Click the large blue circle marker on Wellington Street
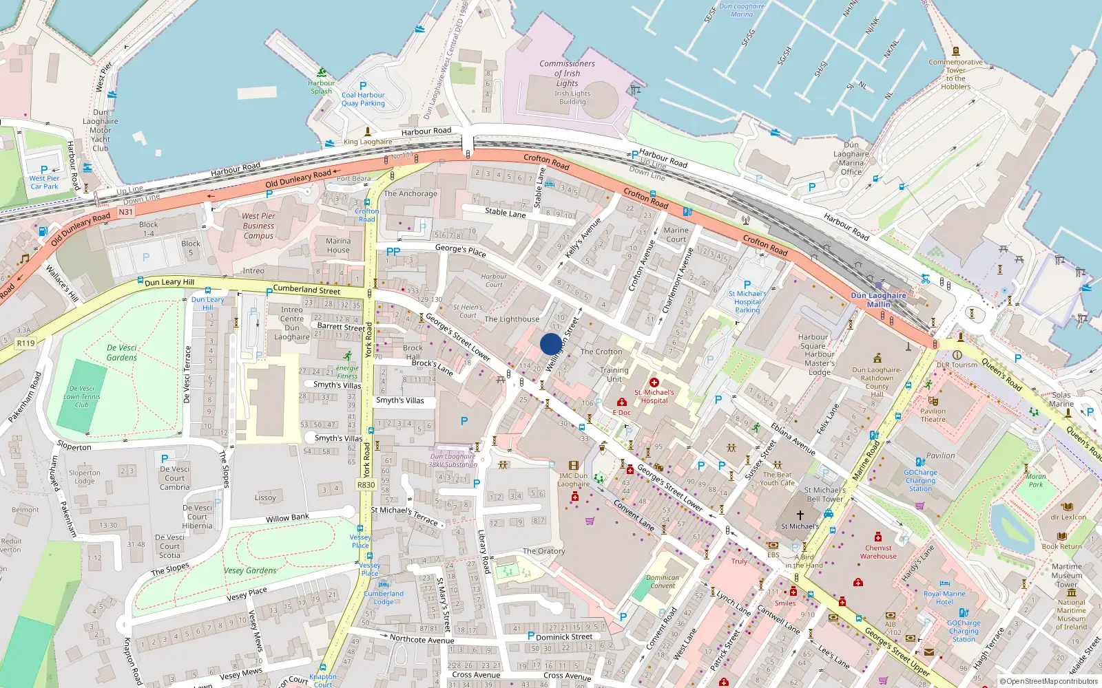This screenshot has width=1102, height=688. pyautogui.click(x=550, y=344)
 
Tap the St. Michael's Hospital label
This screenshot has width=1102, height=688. pyautogui.click(x=654, y=396)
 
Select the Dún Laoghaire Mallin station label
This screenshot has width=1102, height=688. pyautogui.click(x=878, y=300)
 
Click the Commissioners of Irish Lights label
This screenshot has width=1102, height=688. pyautogui.click(x=568, y=74)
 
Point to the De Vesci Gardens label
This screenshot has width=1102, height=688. pyautogui.click(x=122, y=353)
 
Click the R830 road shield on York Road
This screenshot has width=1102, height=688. pyautogui.click(x=366, y=485)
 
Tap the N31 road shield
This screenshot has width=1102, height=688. pyautogui.click(x=125, y=212)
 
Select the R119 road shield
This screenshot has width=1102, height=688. pyautogui.click(x=25, y=343)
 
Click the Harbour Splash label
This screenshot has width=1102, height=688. pyautogui.click(x=321, y=87)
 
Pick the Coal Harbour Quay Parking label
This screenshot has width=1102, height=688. pyautogui.click(x=363, y=99)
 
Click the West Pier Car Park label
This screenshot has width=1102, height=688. pyautogui.click(x=44, y=182)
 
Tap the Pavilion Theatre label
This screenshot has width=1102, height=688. pyautogui.click(x=933, y=415)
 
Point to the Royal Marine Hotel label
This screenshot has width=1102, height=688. pyautogui.click(x=944, y=597)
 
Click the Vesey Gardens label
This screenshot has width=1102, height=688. pyautogui.click(x=250, y=570)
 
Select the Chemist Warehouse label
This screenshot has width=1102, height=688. pyautogui.click(x=878, y=552)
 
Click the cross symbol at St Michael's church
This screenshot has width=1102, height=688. pyautogui.click(x=800, y=515)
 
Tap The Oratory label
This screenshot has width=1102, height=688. pyautogui.click(x=543, y=551)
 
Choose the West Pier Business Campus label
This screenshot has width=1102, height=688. pyautogui.click(x=258, y=226)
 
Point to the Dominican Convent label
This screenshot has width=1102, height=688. pyautogui.click(x=663, y=582)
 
